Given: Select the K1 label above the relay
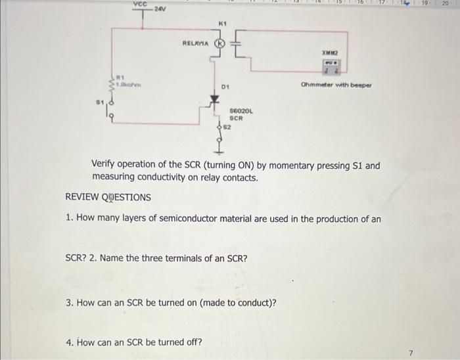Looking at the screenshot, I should pyautogui.click(x=221, y=24).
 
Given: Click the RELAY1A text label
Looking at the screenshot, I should pyautogui.click(x=195, y=44).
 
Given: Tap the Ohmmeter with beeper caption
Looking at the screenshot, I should pyautogui.click(x=336, y=85).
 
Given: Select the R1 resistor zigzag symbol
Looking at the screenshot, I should pyautogui.click(x=112, y=85).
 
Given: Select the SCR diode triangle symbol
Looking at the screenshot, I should pyautogui.click(x=214, y=100).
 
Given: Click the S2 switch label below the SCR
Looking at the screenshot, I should pyautogui.click(x=227, y=124).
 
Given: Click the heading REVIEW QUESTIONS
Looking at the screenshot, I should pyautogui.click(x=108, y=197).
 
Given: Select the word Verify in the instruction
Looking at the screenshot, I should pyautogui.click(x=106, y=166).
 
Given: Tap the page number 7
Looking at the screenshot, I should pyautogui.click(x=411, y=353).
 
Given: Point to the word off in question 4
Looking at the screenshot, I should pyautogui.click(x=195, y=342).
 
